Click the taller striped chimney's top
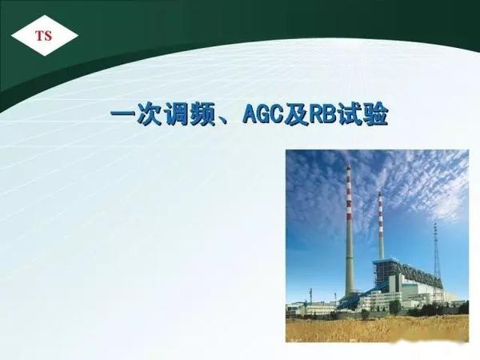[x=349, y=170]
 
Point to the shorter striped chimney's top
[x=381, y=194]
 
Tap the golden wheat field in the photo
[x=376, y=328]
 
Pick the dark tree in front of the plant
[x=394, y=306]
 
